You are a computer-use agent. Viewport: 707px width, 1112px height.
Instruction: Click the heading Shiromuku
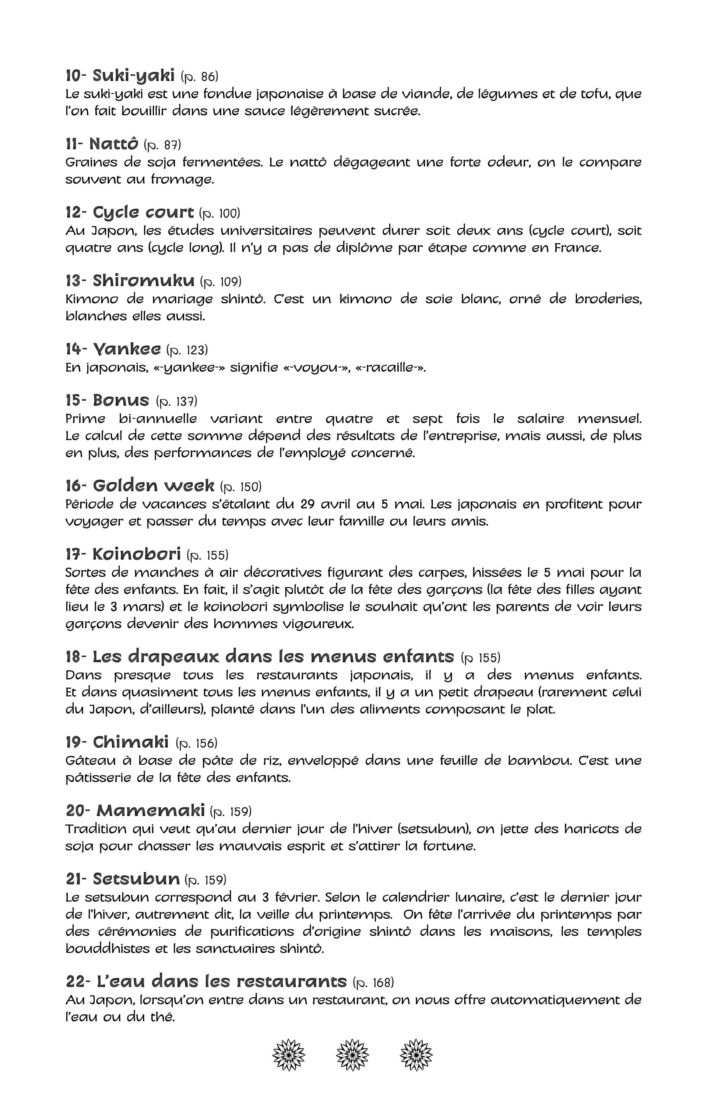(x=143, y=280)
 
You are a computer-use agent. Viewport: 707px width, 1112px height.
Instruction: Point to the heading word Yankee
(x=127, y=349)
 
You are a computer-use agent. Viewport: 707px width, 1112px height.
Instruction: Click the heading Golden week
(x=154, y=486)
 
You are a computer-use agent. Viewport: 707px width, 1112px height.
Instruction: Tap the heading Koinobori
(x=136, y=554)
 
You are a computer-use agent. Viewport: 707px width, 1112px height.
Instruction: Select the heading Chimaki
(x=130, y=742)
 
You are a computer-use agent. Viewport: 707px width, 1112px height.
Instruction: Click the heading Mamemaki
(x=150, y=811)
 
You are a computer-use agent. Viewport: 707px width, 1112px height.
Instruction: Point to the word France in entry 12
(x=578, y=248)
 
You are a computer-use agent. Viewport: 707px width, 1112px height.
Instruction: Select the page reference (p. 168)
(x=373, y=982)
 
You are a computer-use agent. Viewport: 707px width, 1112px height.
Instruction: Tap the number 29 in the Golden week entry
(x=309, y=504)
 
